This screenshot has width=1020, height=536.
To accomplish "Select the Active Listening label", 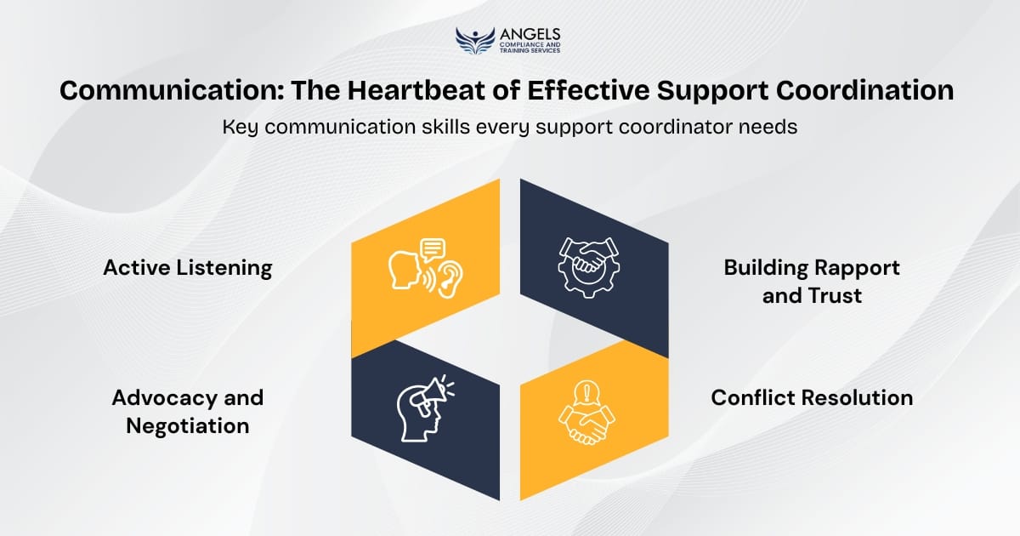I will pos(188,268).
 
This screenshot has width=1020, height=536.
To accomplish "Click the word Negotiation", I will pos(188,425).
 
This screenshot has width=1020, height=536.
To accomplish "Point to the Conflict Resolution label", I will pos(812,397).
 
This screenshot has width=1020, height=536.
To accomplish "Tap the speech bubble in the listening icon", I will pos(432,248).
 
